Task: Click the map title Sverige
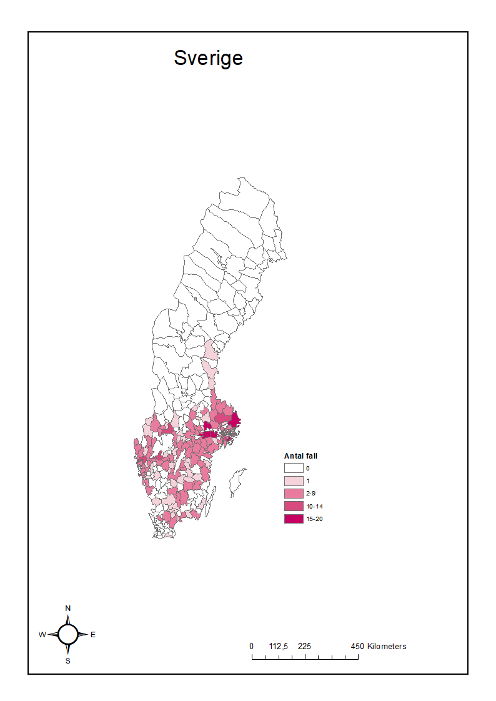click(x=208, y=58)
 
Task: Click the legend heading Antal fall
click(x=300, y=456)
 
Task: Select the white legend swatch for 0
click(x=293, y=468)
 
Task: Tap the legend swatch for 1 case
click(x=293, y=481)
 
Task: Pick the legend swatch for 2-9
click(x=293, y=494)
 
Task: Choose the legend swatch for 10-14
click(x=293, y=506)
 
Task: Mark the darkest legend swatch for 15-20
click(x=293, y=519)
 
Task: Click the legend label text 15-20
click(x=314, y=519)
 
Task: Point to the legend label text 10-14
click(x=314, y=506)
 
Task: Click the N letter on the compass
click(x=68, y=609)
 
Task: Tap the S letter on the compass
click(x=68, y=661)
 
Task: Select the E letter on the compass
click(x=93, y=635)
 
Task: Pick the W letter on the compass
click(x=42, y=635)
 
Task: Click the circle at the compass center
click(x=68, y=634)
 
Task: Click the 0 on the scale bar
click(x=252, y=647)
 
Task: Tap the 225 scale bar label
click(x=305, y=647)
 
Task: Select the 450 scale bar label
click(x=357, y=647)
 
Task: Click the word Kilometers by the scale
click(x=387, y=647)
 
